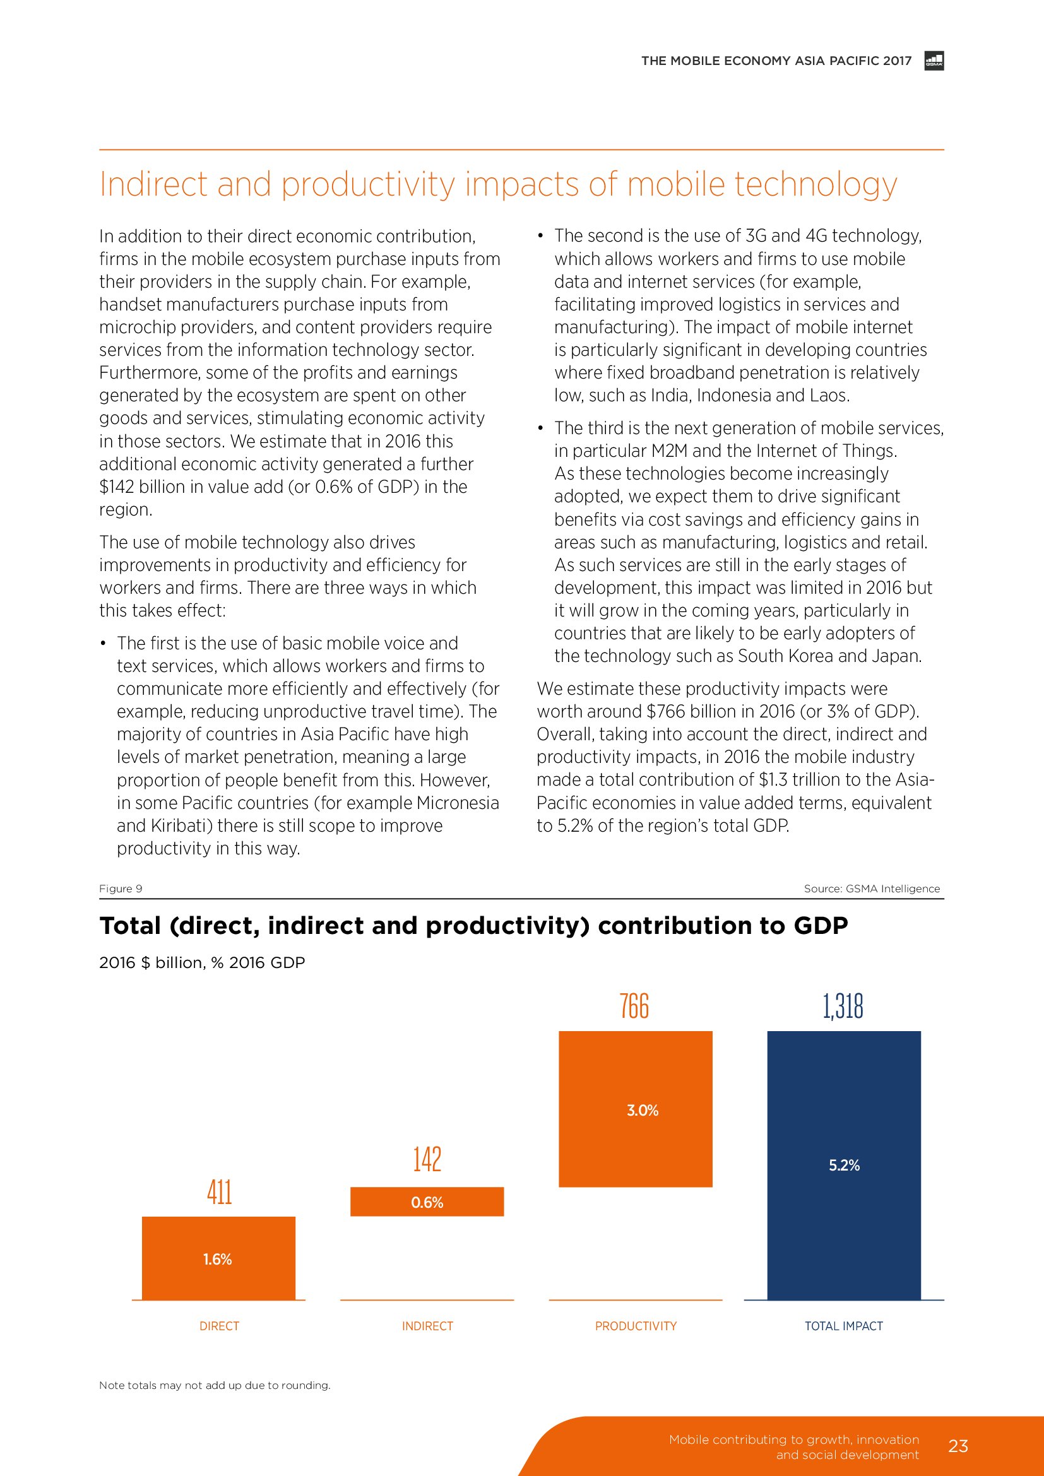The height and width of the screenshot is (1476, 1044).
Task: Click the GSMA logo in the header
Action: [x=934, y=61]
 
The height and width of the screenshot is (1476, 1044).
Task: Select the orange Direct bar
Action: [x=218, y=1258]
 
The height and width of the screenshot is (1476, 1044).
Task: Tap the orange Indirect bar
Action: [x=427, y=1201]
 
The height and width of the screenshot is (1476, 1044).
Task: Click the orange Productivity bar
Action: [x=635, y=1108]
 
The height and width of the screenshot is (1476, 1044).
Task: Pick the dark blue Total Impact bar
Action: [x=843, y=1165]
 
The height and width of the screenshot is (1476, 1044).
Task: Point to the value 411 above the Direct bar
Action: [x=219, y=1192]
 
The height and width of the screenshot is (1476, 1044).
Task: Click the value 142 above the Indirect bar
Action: [x=427, y=1159]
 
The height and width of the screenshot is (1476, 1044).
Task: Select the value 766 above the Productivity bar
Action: [x=634, y=1006]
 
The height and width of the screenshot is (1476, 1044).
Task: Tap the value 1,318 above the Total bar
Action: [x=843, y=1006]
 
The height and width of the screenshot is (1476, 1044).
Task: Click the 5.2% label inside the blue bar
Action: [x=843, y=1165]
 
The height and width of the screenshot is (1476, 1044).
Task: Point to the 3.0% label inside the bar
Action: [x=642, y=1110]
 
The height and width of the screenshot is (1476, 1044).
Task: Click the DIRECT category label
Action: [x=219, y=1326]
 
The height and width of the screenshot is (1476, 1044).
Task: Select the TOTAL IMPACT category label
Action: [x=843, y=1326]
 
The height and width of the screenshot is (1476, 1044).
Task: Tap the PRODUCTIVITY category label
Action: [x=636, y=1326]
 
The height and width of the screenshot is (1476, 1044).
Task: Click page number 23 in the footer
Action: [x=958, y=1446]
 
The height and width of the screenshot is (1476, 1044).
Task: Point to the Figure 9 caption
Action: [x=121, y=889]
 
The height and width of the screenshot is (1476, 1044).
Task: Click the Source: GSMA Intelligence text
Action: [x=872, y=889]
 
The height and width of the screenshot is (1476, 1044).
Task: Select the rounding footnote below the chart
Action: [x=215, y=1385]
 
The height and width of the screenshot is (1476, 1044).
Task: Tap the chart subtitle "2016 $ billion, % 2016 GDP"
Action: [x=202, y=962]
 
